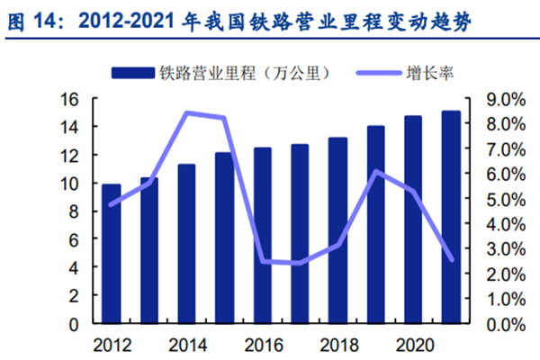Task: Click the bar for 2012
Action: pyautogui.click(x=111, y=254)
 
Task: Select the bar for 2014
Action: pyautogui.click(x=186, y=244)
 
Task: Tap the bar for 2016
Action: pyautogui.click(x=262, y=236)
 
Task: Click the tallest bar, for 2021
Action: pyautogui.click(x=451, y=217)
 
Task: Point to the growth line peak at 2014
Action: pyautogui.click(x=186, y=112)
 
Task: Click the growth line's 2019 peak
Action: pyautogui.click(x=375, y=171)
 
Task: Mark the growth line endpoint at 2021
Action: pyautogui.click(x=451, y=259)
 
